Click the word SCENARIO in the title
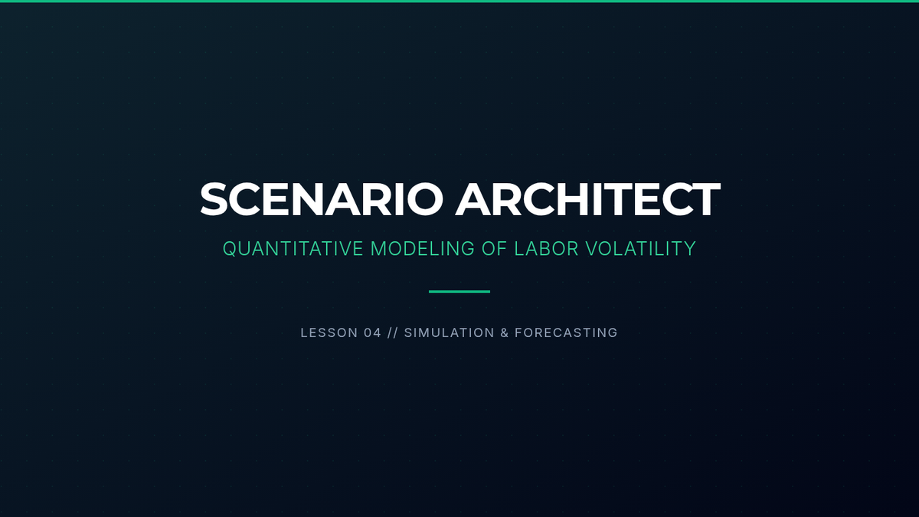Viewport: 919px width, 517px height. click(321, 199)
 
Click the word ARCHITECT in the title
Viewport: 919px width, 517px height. click(587, 199)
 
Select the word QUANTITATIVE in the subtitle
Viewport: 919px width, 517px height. click(293, 249)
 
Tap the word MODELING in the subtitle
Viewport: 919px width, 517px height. click(423, 249)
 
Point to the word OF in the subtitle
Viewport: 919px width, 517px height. click(495, 249)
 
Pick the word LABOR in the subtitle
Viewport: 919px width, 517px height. click(546, 249)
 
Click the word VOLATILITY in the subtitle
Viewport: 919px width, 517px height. click(640, 249)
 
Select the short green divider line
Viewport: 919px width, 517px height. click(459, 292)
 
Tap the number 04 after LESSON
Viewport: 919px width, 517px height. click(372, 332)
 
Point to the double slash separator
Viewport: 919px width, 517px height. click(393, 332)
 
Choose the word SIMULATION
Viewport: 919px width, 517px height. click(450, 332)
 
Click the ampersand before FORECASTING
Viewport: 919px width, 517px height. click(505, 332)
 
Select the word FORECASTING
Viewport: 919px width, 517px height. click(566, 332)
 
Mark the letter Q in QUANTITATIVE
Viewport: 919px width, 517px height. click(230, 249)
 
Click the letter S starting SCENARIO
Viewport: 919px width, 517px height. click(214, 199)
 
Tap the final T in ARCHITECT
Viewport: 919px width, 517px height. click(705, 199)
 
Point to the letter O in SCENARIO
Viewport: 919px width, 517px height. click(424, 199)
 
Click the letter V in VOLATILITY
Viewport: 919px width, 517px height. click(593, 249)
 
